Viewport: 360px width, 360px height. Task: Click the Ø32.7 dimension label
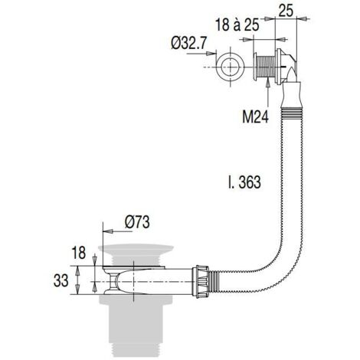coord(188,43)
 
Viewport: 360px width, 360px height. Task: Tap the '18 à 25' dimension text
coord(237,25)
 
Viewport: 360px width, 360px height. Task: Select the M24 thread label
coord(255,117)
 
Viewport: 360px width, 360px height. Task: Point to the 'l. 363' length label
coord(244,182)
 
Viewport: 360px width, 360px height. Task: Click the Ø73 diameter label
coord(137,222)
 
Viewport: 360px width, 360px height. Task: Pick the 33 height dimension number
coord(61,280)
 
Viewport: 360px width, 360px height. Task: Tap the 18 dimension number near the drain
coord(79,253)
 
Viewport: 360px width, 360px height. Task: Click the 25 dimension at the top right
coord(286,11)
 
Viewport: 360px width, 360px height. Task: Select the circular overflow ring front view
coord(231,67)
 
